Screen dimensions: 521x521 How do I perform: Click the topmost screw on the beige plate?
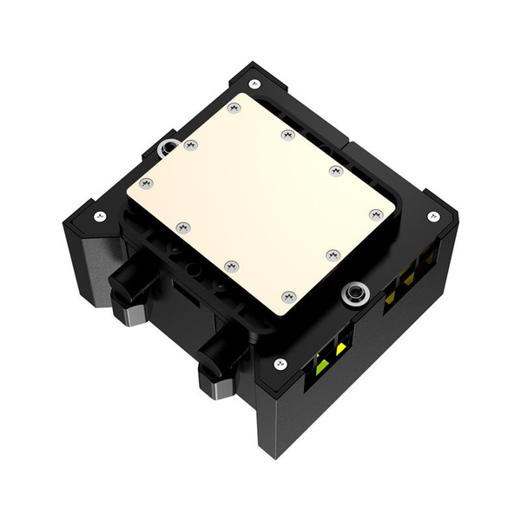coord(233,109)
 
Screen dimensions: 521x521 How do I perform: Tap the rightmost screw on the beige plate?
coord(375,214)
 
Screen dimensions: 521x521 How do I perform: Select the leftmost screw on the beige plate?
coord(145,183)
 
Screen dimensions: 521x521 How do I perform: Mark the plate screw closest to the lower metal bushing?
coord(332,254)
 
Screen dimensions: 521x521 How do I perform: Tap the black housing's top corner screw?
coord(254,84)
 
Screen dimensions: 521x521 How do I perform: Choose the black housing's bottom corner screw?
coord(280,363)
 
